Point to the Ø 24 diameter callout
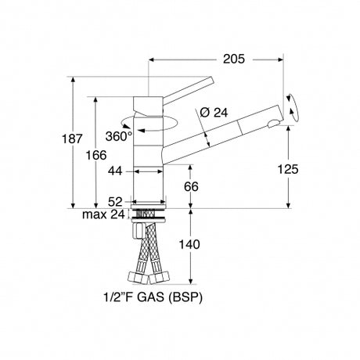[214, 113]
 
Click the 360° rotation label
[119, 135]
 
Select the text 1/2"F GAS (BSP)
[151, 298]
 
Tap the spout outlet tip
[273, 122]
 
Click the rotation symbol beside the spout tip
[292, 106]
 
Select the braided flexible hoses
[149, 254]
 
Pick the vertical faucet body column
[149, 172]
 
